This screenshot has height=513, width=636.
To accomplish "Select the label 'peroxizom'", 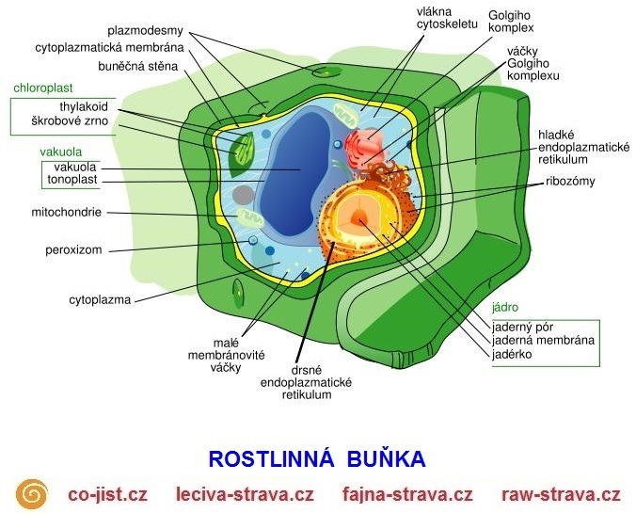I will tap(72, 250).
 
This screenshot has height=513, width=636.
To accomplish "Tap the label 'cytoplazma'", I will tap(99, 300).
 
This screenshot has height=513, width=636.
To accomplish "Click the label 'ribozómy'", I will tap(569, 181).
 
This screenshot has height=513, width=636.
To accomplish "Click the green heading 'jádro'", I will tap(505, 308).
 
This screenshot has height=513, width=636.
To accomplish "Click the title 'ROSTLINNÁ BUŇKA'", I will tap(317, 459).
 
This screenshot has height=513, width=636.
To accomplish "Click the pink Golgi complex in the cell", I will tap(367, 146).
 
